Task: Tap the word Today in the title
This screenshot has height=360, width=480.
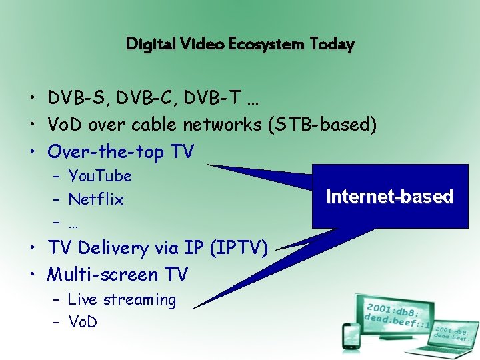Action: coord(331,45)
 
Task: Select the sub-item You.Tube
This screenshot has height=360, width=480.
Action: coord(100,176)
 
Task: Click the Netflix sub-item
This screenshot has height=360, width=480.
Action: coord(96,199)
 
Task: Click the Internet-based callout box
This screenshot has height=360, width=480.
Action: coord(389,197)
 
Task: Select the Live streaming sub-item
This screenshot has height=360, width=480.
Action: coord(122,300)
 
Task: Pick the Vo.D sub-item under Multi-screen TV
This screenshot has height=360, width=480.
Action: coord(83,322)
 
